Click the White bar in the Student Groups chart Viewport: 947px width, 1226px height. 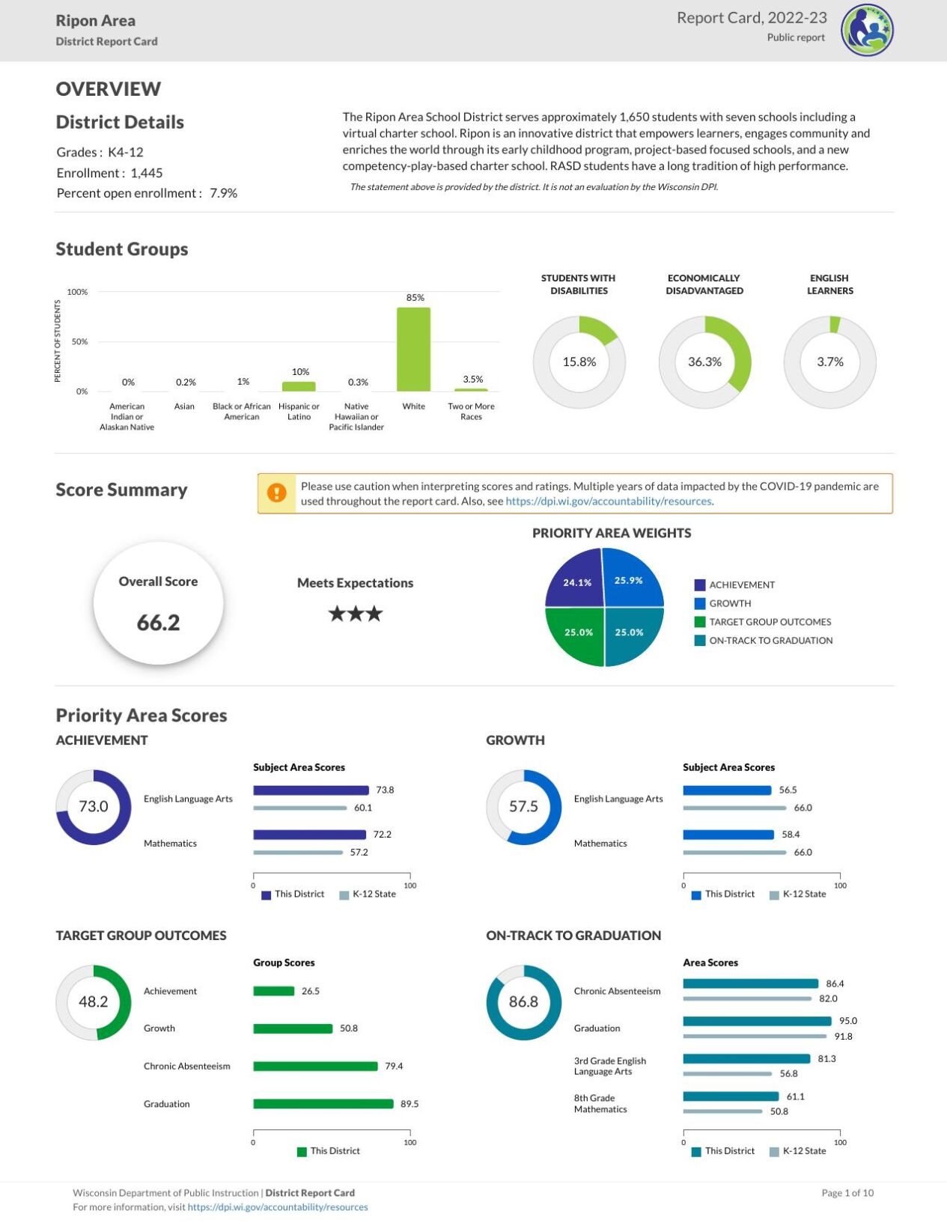click(413, 350)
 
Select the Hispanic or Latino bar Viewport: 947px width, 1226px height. click(299, 386)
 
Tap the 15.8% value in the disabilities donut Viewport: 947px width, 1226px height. click(579, 362)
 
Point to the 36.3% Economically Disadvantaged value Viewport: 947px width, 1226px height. click(704, 362)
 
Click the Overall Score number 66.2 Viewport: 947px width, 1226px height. click(158, 622)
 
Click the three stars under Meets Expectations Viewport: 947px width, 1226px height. click(356, 614)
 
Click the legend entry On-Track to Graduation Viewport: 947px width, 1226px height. click(770, 641)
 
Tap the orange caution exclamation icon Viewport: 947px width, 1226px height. click(277, 493)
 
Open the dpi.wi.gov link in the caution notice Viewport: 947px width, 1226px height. click(609, 501)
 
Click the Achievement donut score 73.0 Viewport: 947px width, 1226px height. click(94, 806)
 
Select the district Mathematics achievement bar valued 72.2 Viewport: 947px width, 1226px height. click(309, 835)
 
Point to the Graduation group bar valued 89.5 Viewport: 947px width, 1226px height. click(323, 1104)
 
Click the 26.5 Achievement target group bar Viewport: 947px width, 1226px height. click(273, 991)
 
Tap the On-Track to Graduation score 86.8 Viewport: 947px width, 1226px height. click(523, 1001)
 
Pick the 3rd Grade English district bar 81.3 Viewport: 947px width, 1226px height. click(746, 1059)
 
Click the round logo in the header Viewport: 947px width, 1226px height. click(867, 31)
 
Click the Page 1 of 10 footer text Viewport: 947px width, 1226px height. click(847, 1193)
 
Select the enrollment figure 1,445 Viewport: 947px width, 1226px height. click(147, 173)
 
